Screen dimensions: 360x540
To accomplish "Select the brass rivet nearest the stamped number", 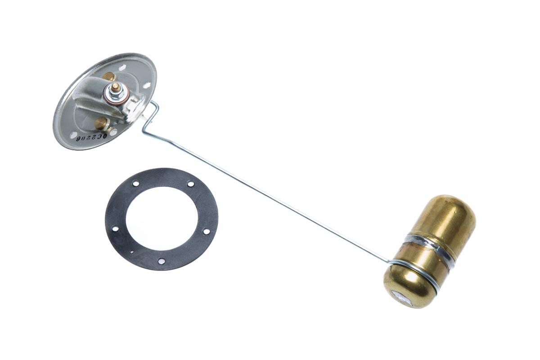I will click(102, 123).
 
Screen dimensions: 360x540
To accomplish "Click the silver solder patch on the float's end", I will click(400, 297).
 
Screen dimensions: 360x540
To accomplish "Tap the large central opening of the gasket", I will click(161, 218).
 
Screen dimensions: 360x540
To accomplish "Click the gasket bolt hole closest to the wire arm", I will click(190, 184).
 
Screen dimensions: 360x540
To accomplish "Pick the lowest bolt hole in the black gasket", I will click(161, 261).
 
